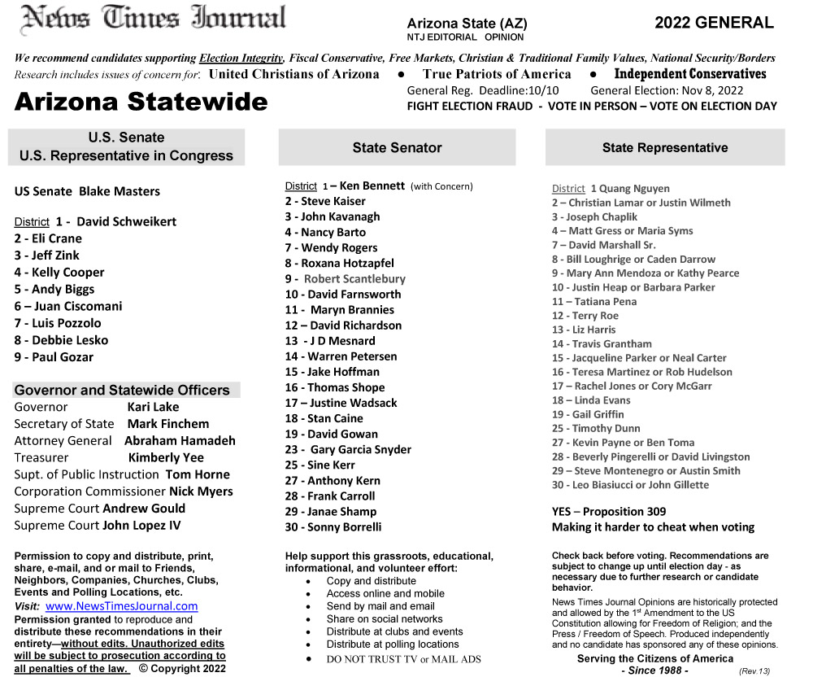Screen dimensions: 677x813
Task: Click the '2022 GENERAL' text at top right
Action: click(x=714, y=23)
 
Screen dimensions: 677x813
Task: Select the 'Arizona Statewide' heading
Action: click(x=141, y=103)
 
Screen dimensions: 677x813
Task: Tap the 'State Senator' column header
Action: click(x=397, y=148)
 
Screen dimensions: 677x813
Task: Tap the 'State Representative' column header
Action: click(x=664, y=148)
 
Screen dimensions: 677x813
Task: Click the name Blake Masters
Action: click(x=120, y=192)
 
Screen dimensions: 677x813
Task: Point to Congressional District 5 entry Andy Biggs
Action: click(x=54, y=289)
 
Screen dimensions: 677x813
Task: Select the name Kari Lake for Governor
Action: click(x=153, y=407)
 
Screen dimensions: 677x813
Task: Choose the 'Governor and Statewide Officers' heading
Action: click(x=122, y=390)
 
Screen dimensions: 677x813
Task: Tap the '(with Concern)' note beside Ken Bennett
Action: click(x=441, y=187)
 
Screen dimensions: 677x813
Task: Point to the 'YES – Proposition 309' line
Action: click(x=608, y=512)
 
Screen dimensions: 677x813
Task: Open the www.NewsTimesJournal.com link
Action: click(x=121, y=606)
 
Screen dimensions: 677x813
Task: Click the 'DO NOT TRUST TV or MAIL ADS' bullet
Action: click(x=403, y=659)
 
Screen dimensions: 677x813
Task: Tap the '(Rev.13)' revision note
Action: click(x=755, y=671)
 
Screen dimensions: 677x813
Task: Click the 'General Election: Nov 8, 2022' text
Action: click(x=667, y=91)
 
